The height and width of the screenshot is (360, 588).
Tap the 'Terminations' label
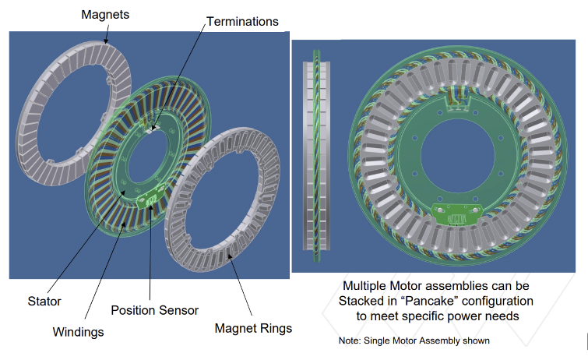pyautogui.click(x=242, y=22)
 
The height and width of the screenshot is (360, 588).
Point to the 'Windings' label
pyautogui.click(x=79, y=332)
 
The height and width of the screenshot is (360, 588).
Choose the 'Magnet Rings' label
pyautogui.click(x=253, y=328)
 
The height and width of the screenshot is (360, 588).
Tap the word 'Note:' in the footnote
pyautogui.click(x=349, y=341)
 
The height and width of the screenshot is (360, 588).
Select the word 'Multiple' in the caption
pyautogui.click(x=368, y=285)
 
